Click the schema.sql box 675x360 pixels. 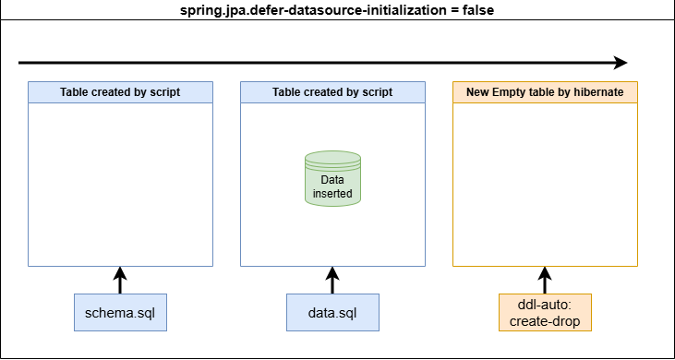click(120, 312)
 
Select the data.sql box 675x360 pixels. click(332, 312)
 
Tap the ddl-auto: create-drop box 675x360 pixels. click(545, 312)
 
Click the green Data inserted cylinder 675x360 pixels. click(332, 178)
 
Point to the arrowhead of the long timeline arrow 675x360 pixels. click(621, 63)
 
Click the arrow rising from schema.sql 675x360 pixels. click(120, 280)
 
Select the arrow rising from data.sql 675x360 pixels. click(332, 280)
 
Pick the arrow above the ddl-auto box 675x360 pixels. click(545, 280)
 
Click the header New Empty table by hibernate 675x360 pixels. click(545, 92)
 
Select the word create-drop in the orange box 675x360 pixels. click(545, 321)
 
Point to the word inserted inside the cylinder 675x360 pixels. click(332, 194)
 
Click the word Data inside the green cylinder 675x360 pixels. click(332, 180)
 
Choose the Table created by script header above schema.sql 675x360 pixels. click(120, 92)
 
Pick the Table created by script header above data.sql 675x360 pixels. click(332, 92)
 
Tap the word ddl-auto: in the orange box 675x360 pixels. click(545, 306)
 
